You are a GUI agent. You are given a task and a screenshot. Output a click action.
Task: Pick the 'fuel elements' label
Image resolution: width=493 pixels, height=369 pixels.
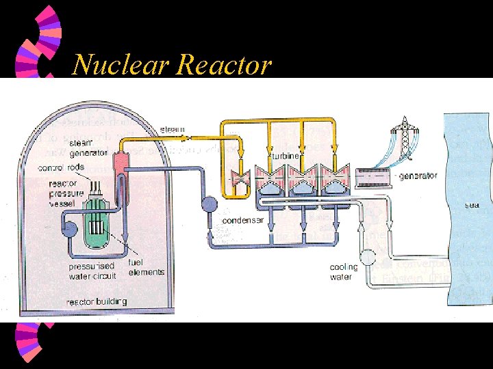[x=146, y=267]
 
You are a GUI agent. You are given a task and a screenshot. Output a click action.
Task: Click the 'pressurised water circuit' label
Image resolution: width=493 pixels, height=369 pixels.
[x=92, y=271]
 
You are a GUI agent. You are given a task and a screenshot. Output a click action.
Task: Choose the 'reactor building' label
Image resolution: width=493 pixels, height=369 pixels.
[x=96, y=301]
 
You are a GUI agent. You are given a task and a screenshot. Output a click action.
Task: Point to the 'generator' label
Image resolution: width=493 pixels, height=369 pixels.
[x=418, y=176]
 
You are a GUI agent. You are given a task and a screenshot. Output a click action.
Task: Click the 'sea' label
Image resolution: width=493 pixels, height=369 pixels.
[x=472, y=204]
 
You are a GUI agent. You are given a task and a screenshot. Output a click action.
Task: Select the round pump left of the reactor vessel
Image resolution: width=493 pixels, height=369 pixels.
[x=68, y=230]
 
